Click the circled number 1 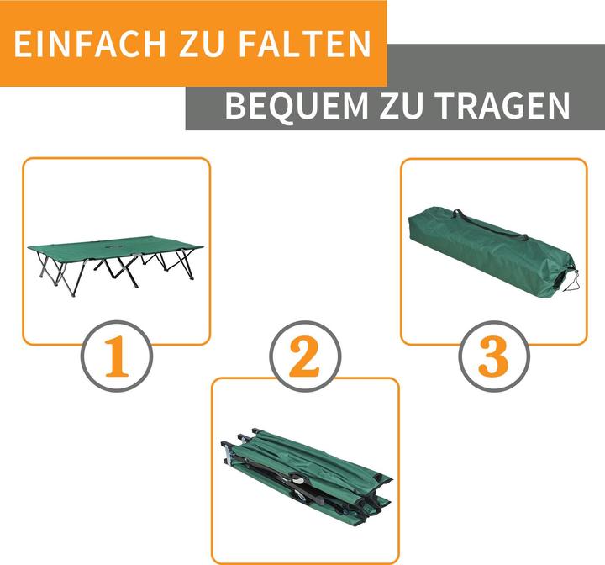[x=116, y=358]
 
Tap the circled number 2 [x=305, y=358]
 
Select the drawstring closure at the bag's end [x=571, y=278]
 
